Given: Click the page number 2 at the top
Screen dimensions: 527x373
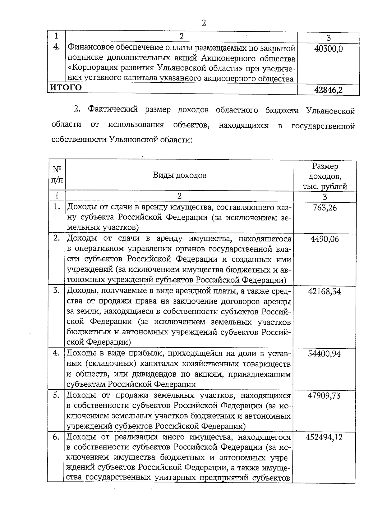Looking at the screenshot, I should [x=204, y=23].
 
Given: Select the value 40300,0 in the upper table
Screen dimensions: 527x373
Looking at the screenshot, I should [x=328, y=49].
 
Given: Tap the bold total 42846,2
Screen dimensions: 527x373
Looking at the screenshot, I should [x=328, y=90].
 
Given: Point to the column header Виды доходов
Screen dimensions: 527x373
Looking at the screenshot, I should [x=179, y=175].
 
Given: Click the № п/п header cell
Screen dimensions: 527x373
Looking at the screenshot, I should [x=57, y=175].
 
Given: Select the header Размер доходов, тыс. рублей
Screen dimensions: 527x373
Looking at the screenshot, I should [x=325, y=176].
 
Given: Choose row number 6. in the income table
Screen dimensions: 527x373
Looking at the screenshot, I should [x=56, y=437].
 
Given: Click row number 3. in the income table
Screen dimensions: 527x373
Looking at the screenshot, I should [x=56, y=291].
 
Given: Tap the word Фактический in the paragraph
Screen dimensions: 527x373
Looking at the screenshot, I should [x=113, y=110].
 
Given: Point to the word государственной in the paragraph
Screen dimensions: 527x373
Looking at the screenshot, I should [x=323, y=126].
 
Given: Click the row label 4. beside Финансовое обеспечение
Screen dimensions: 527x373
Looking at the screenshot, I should [x=56, y=48].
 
